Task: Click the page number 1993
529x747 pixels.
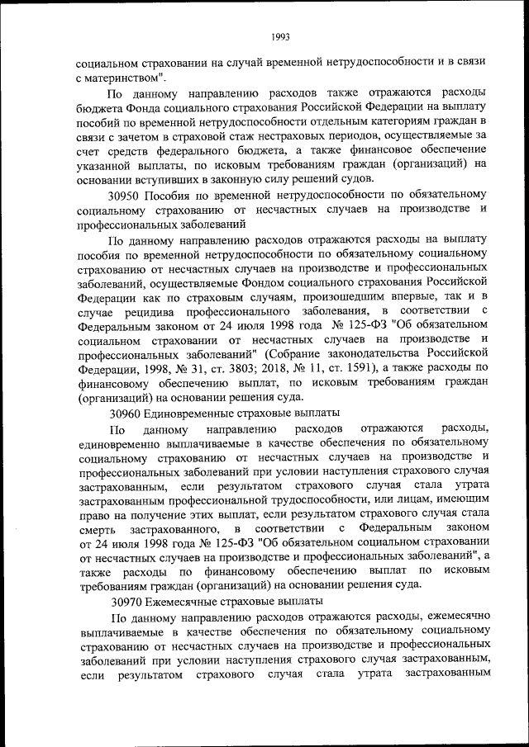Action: pyautogui.click(x=280, y=36)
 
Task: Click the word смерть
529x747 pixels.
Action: pyautogui.click(x=95, y=528)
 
